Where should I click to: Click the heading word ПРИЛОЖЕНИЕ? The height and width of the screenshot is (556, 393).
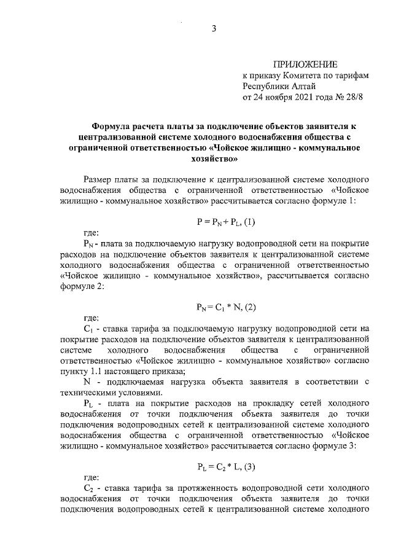(x=305, y=64)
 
